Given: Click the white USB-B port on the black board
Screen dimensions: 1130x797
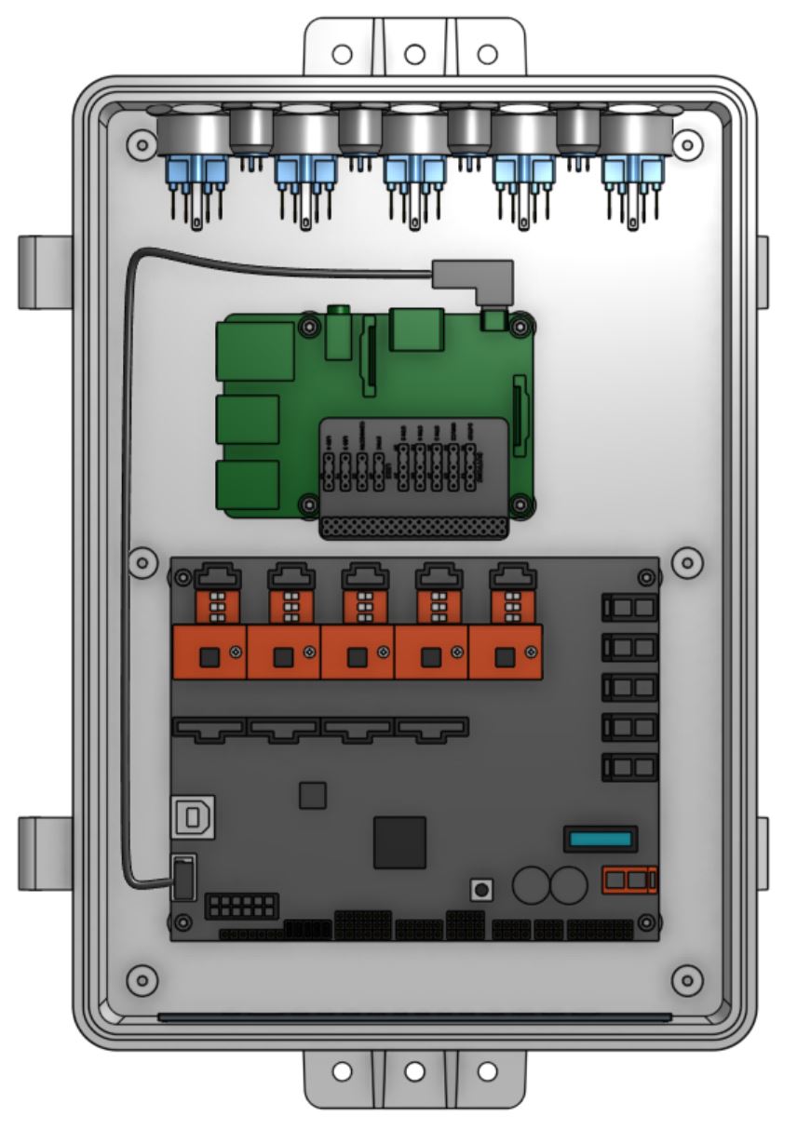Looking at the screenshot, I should pyautogui.click(x=193, y=816).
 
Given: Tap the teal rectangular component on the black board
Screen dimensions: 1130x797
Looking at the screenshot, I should pyautogui.click(x=601, y=840).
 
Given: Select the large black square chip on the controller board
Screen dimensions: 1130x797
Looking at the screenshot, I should pyautogui.click(x=399, y=842).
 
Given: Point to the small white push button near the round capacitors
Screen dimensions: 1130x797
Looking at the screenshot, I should pyautogui.click(x=481, y=890).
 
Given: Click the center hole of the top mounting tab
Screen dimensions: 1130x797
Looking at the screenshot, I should pyautogui.click(x=414, y=54).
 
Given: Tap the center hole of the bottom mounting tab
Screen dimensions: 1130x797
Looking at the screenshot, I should pyautogui.click(x=414, y=1071).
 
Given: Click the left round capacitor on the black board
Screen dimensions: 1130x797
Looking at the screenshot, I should pyautogui.click(x=532, y=886).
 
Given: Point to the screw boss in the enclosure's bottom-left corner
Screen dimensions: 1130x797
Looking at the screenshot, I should pyautogui.click(x=142, y=978).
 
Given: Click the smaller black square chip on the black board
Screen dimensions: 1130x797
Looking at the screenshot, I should pyautogui.click(x=312, y=795).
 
